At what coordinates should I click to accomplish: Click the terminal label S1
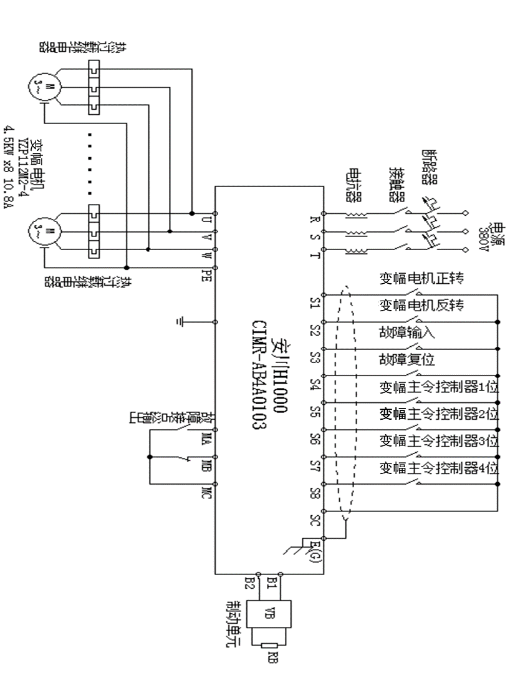pos(314,303)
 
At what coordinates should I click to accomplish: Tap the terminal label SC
pos(314,518)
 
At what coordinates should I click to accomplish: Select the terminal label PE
pos(206,274)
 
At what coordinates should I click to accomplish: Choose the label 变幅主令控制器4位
pos(440,467)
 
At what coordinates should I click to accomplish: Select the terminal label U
pos(206,220)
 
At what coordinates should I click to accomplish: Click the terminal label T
pos(314,255)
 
